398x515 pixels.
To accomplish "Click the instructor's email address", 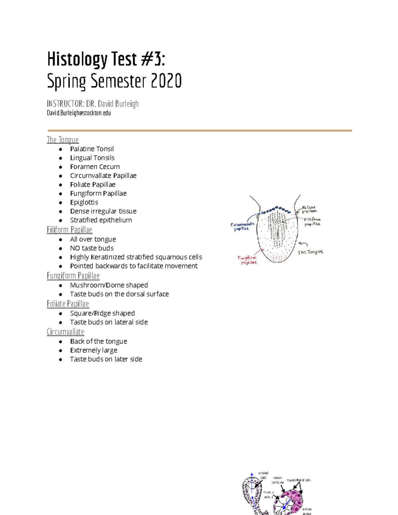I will click(79, 113).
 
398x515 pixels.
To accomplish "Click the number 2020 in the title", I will click(166, 81).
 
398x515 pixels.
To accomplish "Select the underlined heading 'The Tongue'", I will click(63, 140).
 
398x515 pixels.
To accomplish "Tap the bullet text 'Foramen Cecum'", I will click(95, 167).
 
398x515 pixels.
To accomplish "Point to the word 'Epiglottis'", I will click(84, 202).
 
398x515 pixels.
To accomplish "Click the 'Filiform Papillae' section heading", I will click(69, 230).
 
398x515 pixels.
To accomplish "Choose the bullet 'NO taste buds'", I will click(92, 248).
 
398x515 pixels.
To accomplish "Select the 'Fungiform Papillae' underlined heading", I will click(73, 276).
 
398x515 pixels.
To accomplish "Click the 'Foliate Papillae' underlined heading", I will click(68, 304).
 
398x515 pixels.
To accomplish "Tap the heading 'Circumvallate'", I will click(65, 332).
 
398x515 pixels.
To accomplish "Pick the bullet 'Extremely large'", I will click(94, 351).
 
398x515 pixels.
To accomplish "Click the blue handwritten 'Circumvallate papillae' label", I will click(242, 226).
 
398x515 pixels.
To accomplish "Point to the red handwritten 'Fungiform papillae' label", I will click(247, 260).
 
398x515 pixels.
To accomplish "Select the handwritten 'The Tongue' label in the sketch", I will click(310, 252).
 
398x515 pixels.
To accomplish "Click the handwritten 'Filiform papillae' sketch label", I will click(312, 222).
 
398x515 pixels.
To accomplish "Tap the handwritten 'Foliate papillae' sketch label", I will click(309, 209).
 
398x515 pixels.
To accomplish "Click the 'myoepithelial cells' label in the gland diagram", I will click(299, 480).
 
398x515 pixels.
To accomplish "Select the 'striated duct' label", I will click(263, 475).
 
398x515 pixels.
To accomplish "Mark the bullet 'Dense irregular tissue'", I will click(103, 211).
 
